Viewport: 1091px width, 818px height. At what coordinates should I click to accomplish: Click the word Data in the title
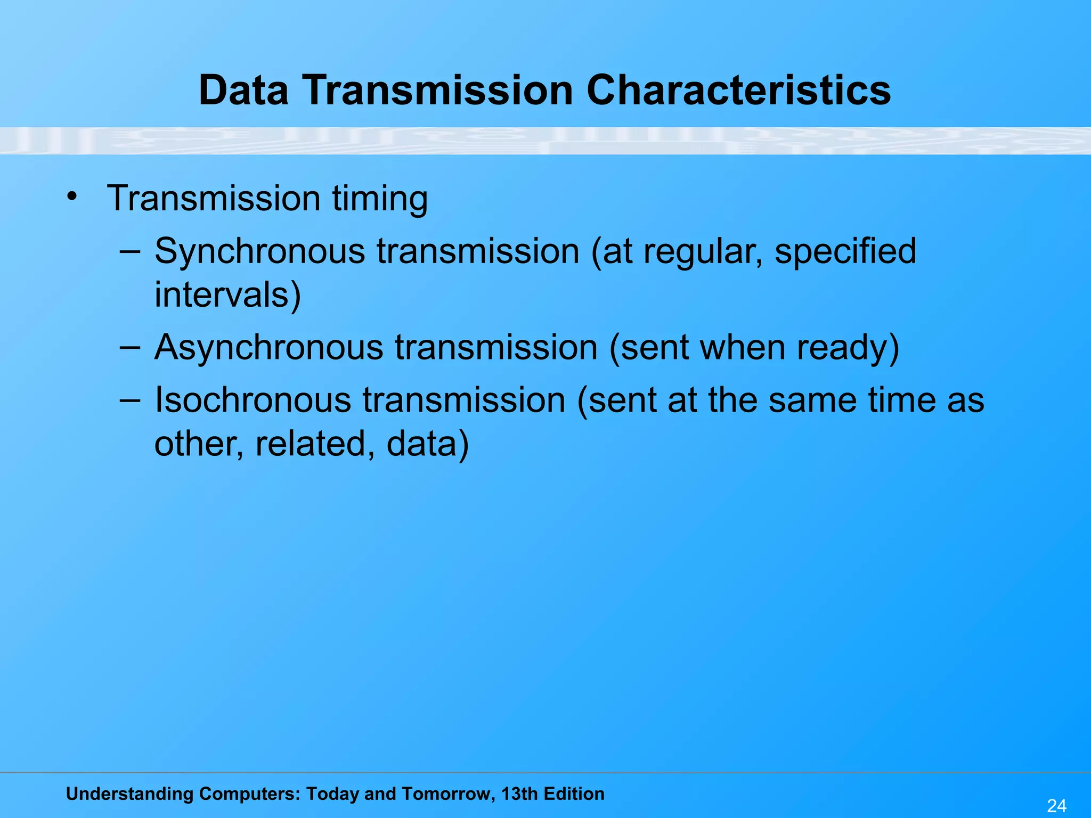tap(243, 90)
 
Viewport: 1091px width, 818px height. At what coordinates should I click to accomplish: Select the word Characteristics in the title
tap(738, 90)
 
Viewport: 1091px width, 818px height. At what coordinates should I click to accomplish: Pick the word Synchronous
tap(259, 252)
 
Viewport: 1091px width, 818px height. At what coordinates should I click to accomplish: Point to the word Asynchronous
tap(268, 348)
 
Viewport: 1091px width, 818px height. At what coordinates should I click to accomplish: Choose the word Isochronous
tap(253, 400)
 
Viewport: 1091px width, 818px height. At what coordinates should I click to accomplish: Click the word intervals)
tap(227, 295)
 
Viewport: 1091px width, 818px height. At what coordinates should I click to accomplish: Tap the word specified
tap(845, 252)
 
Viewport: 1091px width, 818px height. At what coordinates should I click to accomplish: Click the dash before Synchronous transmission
tap(130, 251)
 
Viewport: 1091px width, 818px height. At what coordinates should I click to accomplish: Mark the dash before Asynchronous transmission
tap(130, 347)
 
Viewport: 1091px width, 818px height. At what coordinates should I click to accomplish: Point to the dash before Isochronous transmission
tap(130, 399)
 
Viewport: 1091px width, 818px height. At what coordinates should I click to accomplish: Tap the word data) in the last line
tap(428, 444)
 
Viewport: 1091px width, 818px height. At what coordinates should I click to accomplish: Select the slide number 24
tap(1056, 806)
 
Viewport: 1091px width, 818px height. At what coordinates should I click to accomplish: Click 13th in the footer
tap(519, 794)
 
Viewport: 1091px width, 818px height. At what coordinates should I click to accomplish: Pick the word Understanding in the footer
tap(129, 794)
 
